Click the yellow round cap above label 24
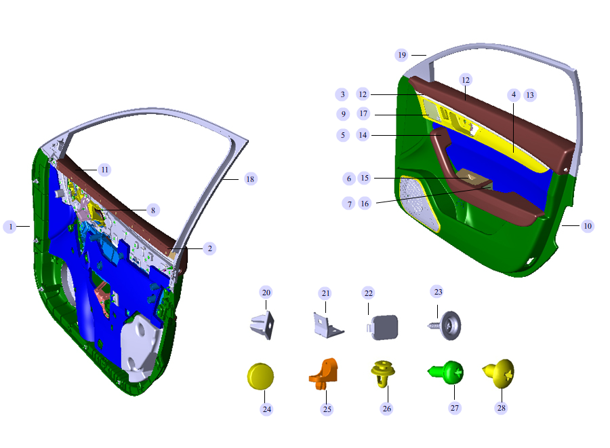point(261,376)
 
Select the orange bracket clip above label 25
point(324,373)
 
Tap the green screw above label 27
point(446,373)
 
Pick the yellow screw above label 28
point(499,373)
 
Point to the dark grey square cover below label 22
point(382,327)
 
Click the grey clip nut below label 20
point(262,325)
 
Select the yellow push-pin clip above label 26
point(383,373)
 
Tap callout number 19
point(402,55)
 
